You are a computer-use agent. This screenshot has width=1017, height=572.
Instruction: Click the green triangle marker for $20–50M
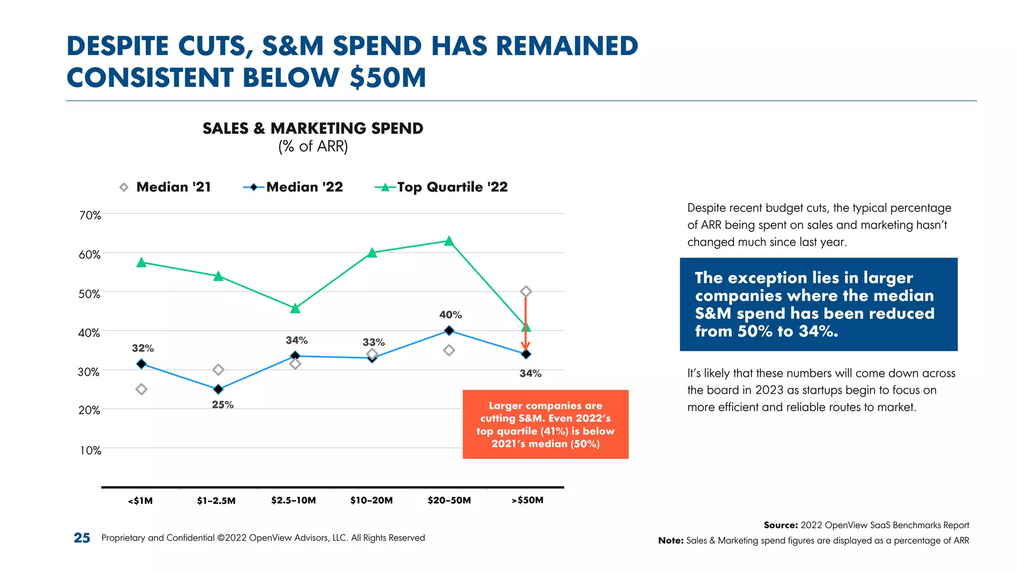click(x=449, y=241)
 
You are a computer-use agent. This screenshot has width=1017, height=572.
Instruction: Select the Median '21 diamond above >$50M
click(x=526, y=291)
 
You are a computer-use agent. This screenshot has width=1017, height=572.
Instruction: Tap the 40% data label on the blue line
click(x=450, y=315)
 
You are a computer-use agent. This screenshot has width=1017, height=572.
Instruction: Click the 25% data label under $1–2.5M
click(x=222, y=405)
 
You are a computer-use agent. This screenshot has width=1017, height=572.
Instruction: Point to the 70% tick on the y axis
click(x=90, y=215)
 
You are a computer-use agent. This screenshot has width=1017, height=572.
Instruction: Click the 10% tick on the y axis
click(x=90, y=450)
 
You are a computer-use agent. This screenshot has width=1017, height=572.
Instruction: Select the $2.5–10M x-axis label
click(x=293, y=500)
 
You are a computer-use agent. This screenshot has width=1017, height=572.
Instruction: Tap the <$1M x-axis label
click(x=141, y=500)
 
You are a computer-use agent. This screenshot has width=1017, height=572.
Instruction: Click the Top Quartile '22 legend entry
click(x=441, y=187)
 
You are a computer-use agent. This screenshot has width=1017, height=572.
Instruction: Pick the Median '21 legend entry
click(x=165, y=187)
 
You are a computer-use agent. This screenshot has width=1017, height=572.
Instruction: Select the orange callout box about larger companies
click(x=545, y=424)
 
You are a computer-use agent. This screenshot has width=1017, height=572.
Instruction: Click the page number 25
click(x=82, y=538)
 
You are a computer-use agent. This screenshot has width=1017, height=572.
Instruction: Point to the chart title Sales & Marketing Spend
click(x=313, y=129)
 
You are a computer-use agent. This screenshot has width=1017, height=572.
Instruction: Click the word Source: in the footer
click(x=781, y=525)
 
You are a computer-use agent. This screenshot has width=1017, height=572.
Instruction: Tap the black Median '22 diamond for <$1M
click(x=142, y=364)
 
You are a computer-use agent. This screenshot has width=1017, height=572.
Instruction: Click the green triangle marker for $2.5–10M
click(x=295, y=309)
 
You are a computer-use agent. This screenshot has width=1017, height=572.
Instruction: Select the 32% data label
click(x=143, y=348)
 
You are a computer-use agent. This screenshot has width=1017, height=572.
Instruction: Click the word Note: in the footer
click(x=671, y=540)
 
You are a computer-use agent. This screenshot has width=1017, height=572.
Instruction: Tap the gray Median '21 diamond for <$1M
click(x=142, y=389)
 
